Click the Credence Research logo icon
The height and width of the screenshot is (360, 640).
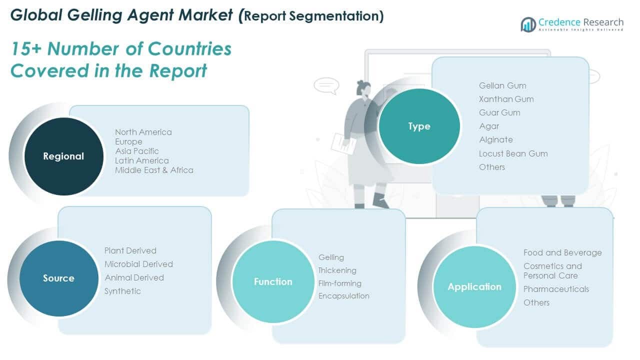tap(528, 24)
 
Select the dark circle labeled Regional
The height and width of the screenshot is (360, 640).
tap(63, 156)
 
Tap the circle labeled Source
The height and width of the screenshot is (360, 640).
tap(58, 278)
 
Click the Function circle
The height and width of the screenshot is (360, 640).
tap(273, 281)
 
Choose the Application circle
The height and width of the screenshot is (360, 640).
tap(474, 286)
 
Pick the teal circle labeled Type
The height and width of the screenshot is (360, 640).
tap(419, 126)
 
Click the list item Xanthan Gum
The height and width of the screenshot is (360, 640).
tap(506, 99)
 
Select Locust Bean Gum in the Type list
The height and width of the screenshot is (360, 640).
tap(513, 153)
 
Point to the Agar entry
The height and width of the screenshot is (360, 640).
tap(489, 126)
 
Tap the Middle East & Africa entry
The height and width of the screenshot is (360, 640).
tap(154, 170)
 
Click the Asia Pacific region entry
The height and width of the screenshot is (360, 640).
tap(137, 151)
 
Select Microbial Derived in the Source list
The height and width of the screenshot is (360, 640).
tap(138, 264)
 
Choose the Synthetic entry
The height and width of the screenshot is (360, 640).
tap(122, 291)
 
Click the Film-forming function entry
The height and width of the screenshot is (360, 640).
tap(340, 283)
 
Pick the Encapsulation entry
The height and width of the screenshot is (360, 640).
tap(344, 296)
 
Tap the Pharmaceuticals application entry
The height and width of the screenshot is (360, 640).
tap(556, 289)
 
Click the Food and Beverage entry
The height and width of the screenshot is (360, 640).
tap(562, 252)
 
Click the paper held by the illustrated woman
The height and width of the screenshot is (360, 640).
tap(343, 143)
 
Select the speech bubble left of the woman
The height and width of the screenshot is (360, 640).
tap(326, 85)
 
